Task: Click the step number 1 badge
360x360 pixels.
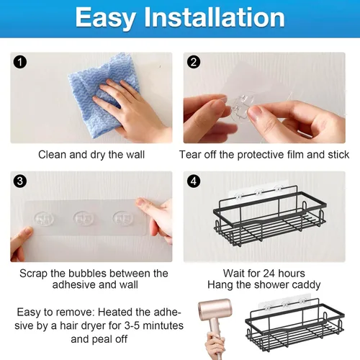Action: (20, 62)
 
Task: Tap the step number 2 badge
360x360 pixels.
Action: (194, 62)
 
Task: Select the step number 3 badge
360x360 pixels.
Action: (20, 181)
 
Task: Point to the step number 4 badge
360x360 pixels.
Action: (194, 181)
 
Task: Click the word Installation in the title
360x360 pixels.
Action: (214, 17)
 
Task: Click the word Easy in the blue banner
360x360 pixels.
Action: (105, 18)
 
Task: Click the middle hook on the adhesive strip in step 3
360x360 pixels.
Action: (84, 218)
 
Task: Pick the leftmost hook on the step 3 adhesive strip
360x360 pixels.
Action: (44, 219)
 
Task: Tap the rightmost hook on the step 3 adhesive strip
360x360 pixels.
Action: (123, 218)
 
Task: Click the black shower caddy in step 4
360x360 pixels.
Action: (269, 216)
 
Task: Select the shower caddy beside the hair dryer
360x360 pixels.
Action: (294, 323)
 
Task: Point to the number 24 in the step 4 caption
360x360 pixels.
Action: (269, 274)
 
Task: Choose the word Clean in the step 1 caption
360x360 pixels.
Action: (53, 155)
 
